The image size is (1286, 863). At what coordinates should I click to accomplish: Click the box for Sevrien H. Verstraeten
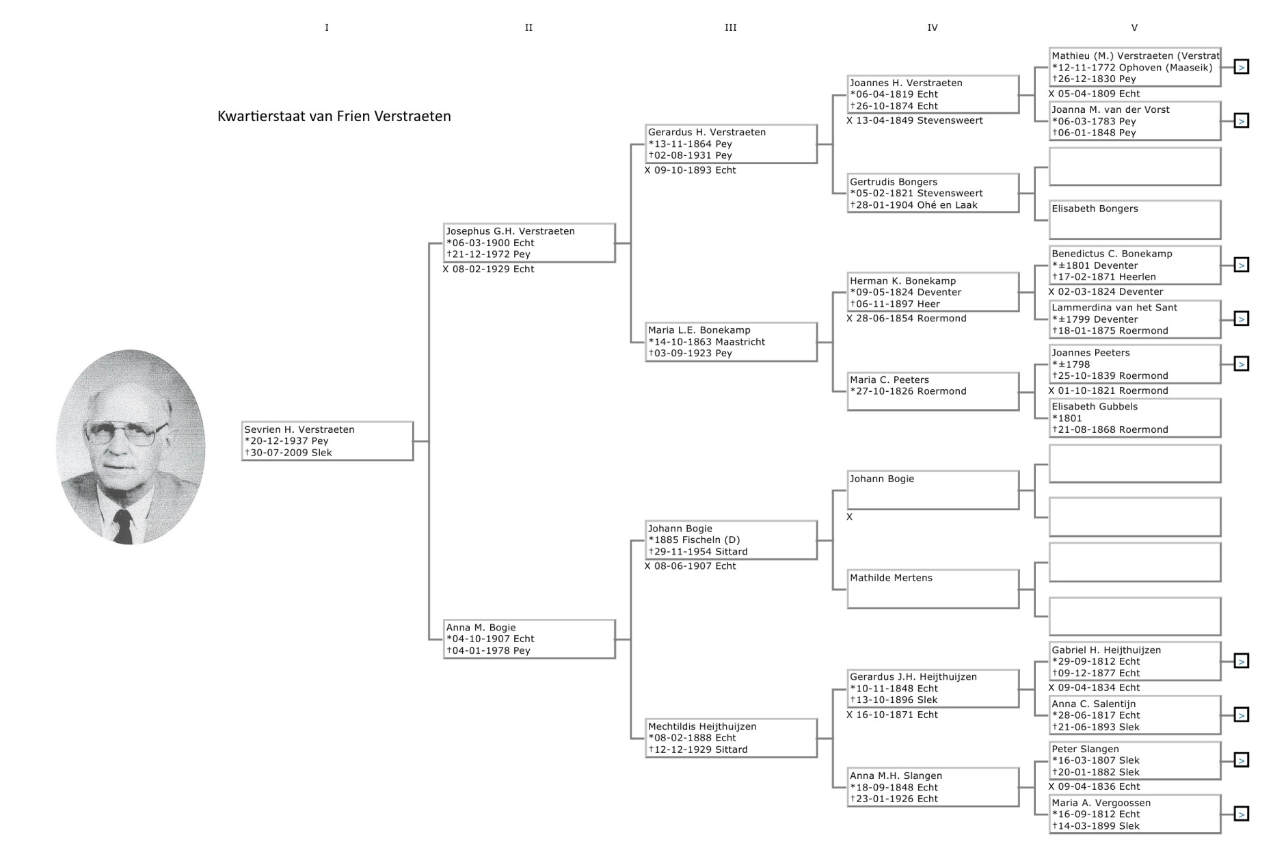point(327,441)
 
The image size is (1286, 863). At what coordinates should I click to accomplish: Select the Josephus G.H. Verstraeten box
point(529,243)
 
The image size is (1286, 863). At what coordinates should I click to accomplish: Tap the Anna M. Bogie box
point(529,639)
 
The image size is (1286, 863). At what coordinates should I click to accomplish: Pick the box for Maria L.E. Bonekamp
point(731,342)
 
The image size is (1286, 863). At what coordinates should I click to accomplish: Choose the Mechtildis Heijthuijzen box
point(731,738)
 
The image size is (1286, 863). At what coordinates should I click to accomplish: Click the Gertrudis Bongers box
point(933,194)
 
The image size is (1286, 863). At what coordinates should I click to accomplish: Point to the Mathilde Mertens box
point(933,589)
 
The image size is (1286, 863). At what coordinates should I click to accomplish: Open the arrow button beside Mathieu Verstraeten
point(1242,67)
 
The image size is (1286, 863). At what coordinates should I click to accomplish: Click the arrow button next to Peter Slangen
point(1242,760)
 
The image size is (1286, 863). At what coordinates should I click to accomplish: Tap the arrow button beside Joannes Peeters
point(1242,364)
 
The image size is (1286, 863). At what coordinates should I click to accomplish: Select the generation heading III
point(730,27)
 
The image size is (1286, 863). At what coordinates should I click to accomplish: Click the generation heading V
point(1134,27)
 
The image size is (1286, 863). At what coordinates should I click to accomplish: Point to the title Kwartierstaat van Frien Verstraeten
point(334,116)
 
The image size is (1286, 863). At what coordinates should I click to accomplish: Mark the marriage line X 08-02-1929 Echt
point(488,269)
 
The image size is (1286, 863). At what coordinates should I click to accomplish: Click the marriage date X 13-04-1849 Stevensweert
point(915,120)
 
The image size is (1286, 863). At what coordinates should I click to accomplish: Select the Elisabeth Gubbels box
point(1135,418)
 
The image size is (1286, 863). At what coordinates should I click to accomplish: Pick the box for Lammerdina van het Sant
point(1135,319)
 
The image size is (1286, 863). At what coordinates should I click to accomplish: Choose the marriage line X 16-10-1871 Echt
point(892,715)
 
